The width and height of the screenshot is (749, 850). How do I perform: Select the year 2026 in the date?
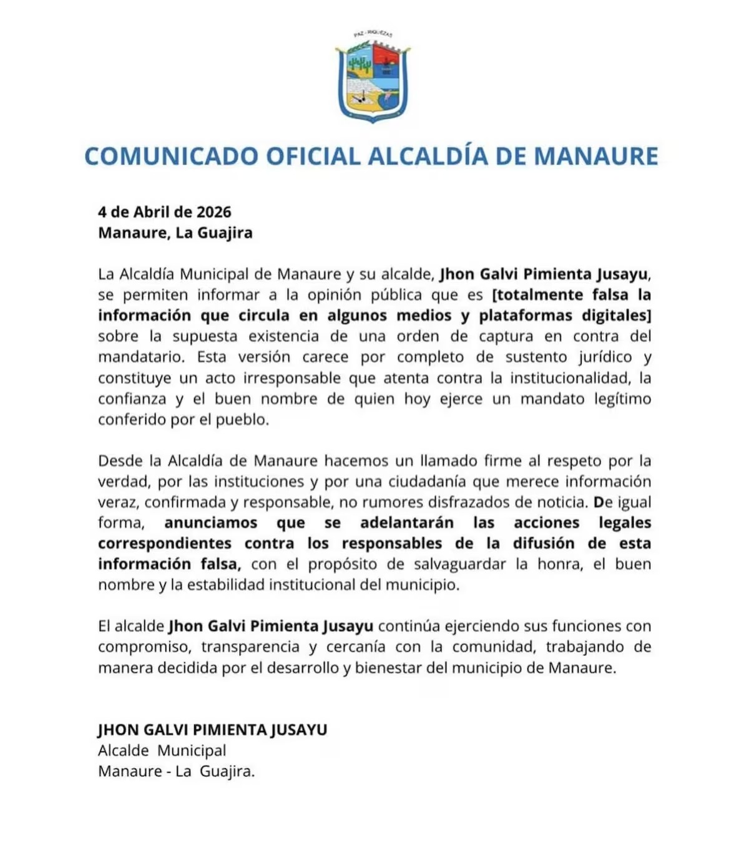tap(214, 212)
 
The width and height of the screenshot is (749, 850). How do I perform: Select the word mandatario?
tap(141, 357)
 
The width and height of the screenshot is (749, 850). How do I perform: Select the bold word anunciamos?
tap(211, 523)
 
